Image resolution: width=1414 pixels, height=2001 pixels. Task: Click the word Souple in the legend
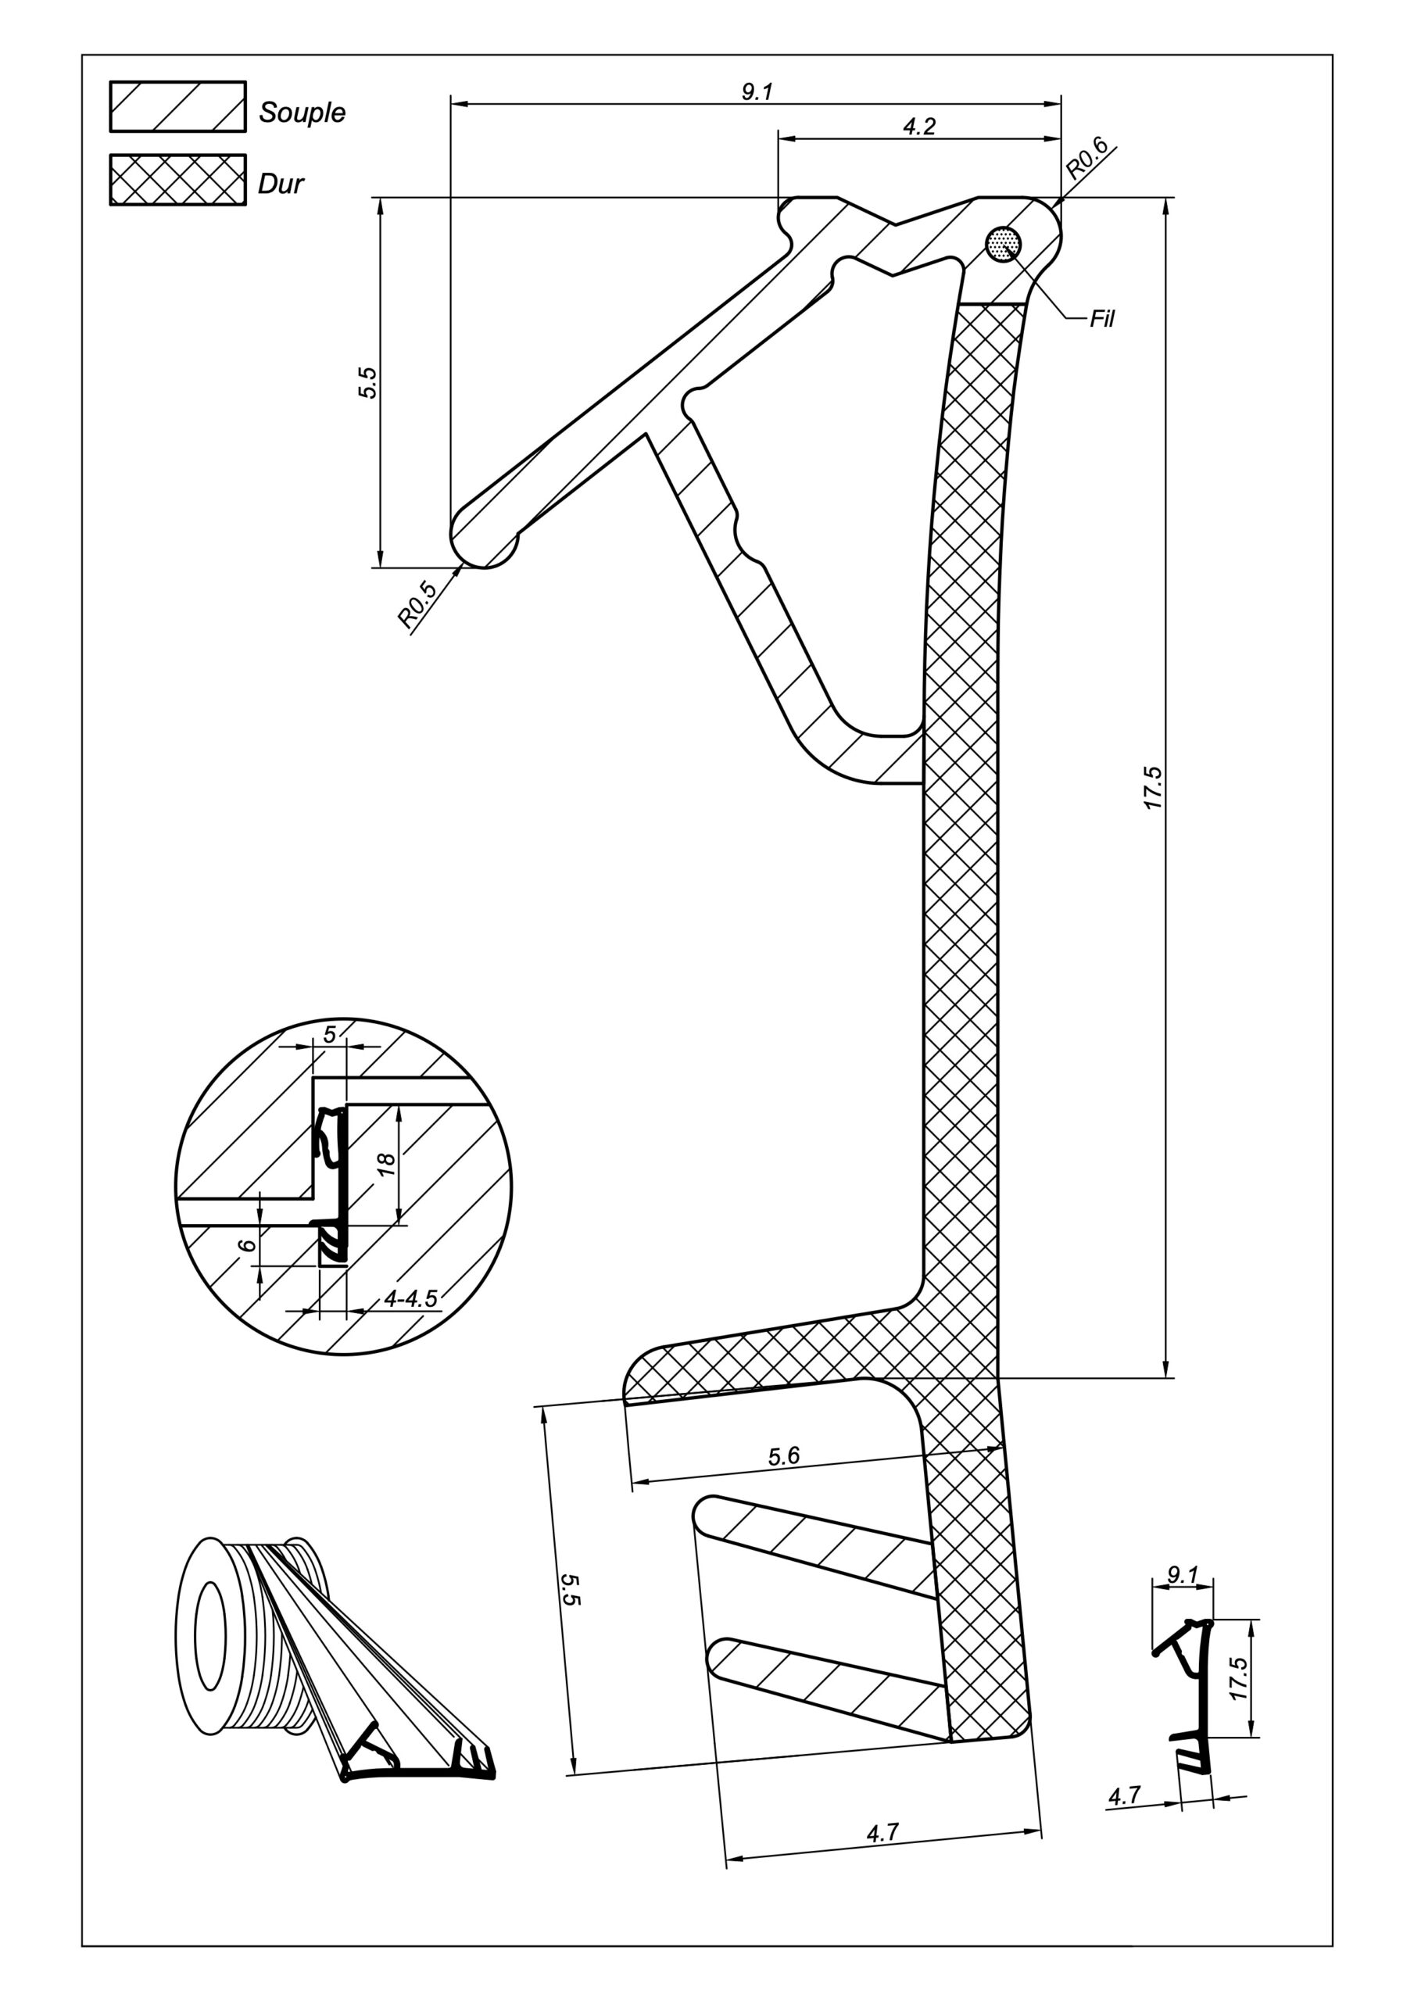point(302,113)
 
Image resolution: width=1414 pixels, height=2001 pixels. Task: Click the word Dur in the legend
point(281,184)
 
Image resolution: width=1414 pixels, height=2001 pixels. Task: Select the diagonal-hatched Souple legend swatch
point(178,106)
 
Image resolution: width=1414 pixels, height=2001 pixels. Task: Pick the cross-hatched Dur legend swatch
point(178,180)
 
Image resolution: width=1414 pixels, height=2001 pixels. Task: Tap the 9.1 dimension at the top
point(757,91)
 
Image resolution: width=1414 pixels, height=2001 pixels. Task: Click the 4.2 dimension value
point(919,127)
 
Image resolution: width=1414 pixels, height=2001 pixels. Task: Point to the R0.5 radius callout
point(417,605)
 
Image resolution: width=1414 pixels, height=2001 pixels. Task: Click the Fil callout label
point(1102,319)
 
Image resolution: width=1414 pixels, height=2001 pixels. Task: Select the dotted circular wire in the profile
point(1004,245)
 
